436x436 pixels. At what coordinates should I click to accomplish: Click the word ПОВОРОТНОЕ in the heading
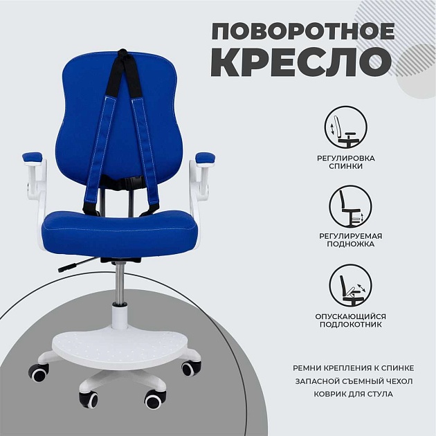303,32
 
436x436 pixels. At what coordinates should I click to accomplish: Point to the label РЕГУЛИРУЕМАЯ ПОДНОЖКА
351,240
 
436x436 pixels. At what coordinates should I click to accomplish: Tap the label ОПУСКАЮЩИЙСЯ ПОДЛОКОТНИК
351,320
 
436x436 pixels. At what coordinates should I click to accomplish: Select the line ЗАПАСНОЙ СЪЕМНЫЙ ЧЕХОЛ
344,380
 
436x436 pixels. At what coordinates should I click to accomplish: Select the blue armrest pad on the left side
33,157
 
